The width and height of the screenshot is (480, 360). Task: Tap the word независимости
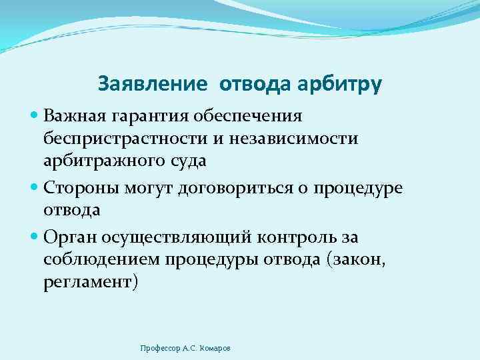(299, 139)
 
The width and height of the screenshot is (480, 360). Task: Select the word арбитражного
(108, 161)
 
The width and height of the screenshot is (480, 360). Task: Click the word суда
(191, 161)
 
